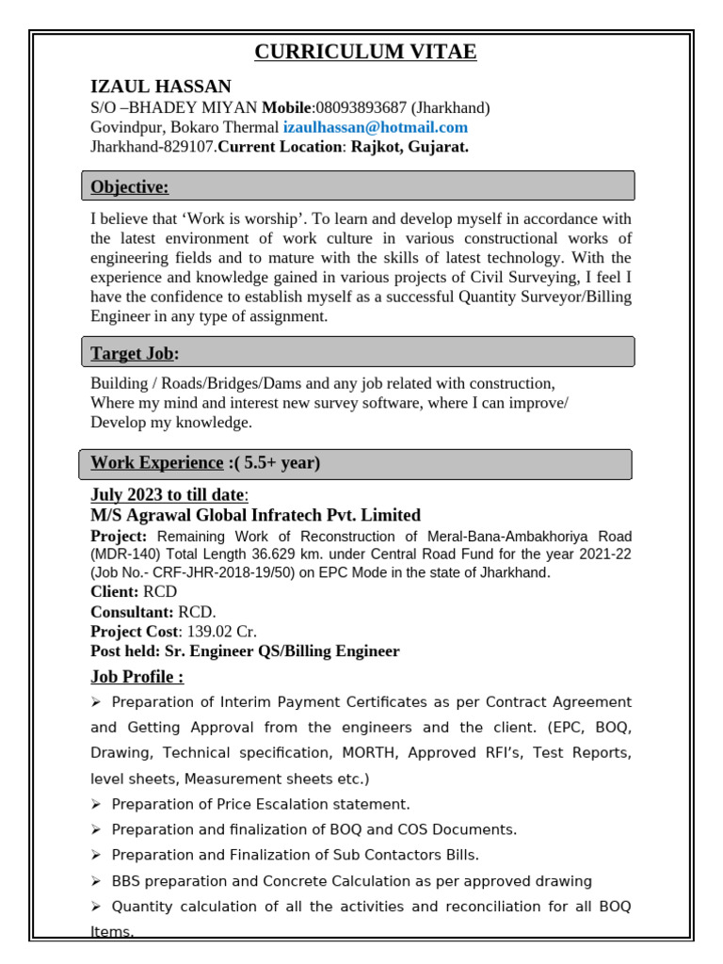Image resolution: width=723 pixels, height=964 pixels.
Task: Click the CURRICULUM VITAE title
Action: (x=365, y=52)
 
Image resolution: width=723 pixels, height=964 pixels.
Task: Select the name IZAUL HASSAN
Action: (x=160, y=87)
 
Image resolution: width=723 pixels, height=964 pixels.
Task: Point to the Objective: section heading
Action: (x=130, y=187)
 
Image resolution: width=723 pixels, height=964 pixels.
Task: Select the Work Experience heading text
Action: (x=156, y=462)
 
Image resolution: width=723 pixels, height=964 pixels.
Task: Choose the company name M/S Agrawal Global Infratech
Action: (x=255, y=515)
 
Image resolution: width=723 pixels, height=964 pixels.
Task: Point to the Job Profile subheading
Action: (x=137, y=677)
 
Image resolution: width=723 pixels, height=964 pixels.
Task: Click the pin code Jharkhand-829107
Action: (x=153, y=147)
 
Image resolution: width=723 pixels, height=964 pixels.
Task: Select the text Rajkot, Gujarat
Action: (x=410, y=147)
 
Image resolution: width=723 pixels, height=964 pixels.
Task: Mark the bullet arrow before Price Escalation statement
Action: (x=96, y=804)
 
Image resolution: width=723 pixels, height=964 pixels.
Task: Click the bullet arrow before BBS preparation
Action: (x=96, y=881)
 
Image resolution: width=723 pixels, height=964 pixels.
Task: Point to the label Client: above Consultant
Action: (x=114, y=592)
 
